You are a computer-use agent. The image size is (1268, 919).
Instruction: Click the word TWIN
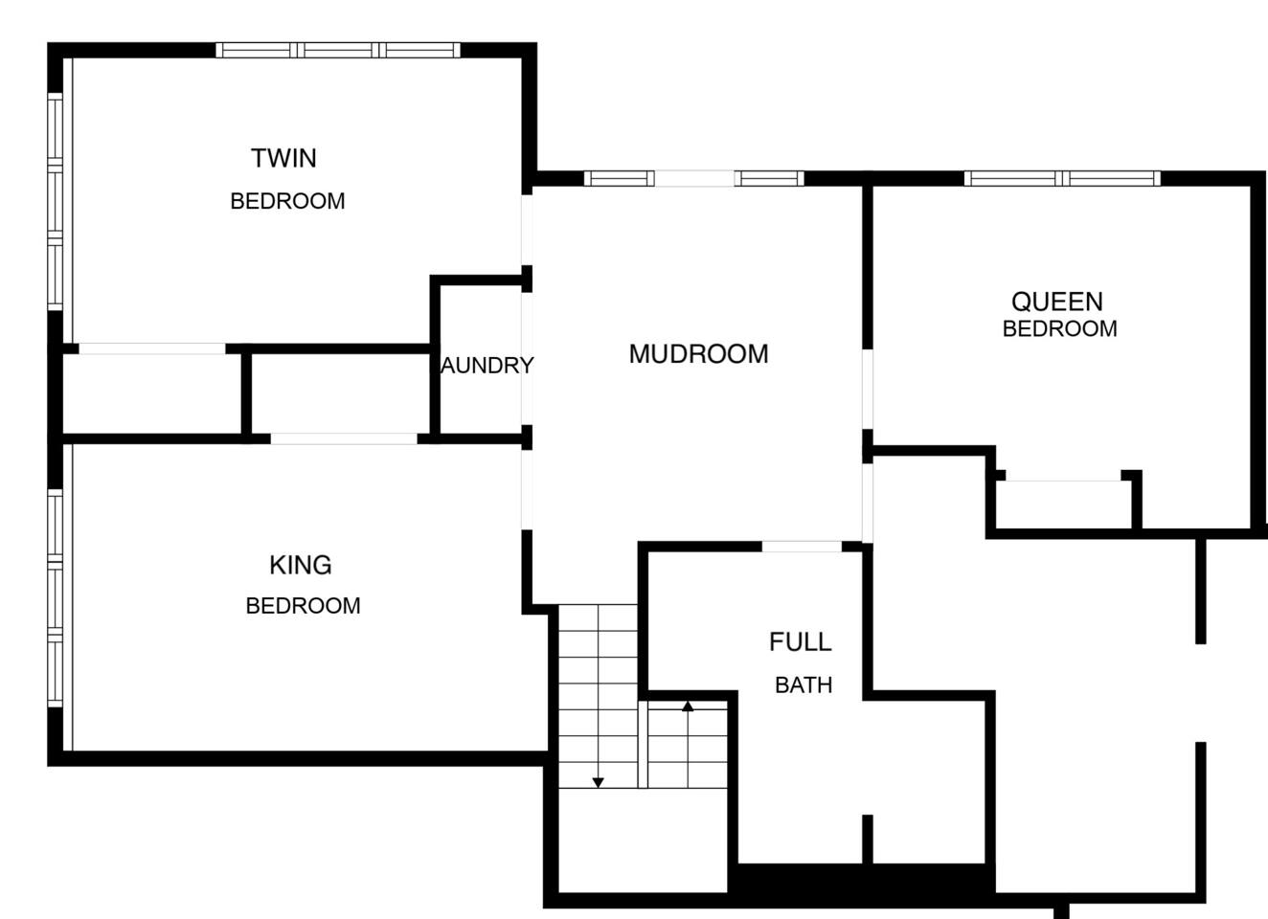(283, 158)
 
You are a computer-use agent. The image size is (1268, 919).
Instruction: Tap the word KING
(301, 566)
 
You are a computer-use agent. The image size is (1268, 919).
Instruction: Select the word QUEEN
(1057, 303)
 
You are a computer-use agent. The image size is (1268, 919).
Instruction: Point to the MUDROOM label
(698, 354)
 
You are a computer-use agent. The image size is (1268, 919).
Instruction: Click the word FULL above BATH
(801, 641)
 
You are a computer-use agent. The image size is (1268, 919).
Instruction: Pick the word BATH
(804, 685)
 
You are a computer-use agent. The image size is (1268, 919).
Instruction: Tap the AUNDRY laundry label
(487, 366)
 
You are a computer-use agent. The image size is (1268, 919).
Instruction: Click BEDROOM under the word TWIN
(287, 201)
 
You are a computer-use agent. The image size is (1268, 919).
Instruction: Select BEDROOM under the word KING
(303, 606)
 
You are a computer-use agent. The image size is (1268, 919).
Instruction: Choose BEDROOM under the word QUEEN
(1059, 328)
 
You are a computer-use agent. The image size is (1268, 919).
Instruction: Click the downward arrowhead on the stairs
(598, 783)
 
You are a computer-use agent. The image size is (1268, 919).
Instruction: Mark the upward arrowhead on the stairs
(688, 706)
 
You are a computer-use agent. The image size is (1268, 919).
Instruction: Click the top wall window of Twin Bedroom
(338, 51)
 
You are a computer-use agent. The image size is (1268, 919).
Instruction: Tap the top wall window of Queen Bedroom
(1062, 179)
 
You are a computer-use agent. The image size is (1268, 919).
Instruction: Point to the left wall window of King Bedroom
(55, 598)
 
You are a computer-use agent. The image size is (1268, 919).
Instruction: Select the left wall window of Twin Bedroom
(55, 201)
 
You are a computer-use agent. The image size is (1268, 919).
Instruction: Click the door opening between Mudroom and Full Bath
(802, 547)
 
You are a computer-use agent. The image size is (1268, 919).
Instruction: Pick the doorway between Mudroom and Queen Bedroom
(868, 390)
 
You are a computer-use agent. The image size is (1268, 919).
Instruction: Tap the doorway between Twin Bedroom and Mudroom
(527, 230)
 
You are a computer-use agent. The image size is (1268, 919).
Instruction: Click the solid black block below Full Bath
(862, 880)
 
